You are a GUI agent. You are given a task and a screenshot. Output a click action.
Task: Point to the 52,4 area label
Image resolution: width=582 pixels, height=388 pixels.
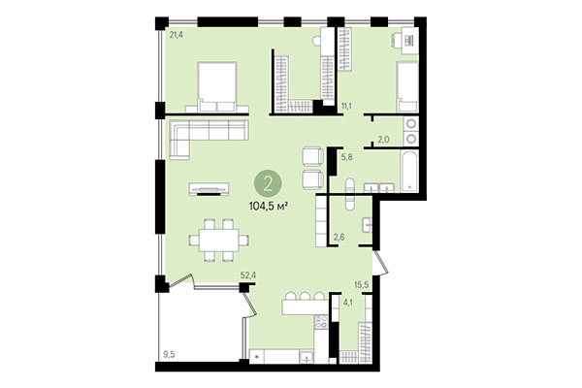coord(248,275)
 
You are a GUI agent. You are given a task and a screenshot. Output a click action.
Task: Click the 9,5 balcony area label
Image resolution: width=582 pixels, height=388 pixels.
coord(170,354)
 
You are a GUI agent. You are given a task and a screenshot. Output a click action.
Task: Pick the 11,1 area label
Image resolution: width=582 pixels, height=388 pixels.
coord(346,105)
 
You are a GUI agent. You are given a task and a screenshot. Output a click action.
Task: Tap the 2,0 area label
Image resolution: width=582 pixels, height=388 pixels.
coord(383,139)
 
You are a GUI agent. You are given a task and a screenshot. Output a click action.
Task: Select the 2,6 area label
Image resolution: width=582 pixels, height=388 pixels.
coord(339,237)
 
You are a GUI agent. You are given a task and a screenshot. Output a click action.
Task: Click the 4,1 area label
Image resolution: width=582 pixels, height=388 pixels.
coord(347,303)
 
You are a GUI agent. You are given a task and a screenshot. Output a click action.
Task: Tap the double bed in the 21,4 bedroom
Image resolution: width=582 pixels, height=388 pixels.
coord(216,85)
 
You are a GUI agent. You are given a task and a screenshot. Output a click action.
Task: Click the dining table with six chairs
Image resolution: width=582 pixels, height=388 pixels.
coord(214,239)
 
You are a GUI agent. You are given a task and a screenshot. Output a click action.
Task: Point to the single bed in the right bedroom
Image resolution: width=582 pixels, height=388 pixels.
coord(406,88)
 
